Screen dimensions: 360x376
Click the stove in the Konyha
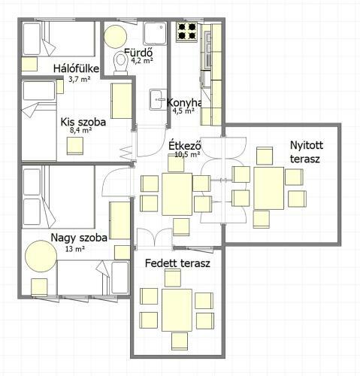186,32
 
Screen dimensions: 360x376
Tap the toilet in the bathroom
121,63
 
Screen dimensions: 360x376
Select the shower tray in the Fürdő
155,34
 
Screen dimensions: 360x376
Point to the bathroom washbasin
156,99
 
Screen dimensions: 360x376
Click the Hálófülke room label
76,68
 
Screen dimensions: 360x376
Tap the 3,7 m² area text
80,79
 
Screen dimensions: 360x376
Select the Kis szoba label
83,122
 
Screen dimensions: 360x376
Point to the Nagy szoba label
79,238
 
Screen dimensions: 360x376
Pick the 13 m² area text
74,249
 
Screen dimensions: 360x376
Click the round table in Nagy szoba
41,256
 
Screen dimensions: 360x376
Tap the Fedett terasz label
177,263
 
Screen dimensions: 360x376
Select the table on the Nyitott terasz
268,188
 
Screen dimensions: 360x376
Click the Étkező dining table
177,194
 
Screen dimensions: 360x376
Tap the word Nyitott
307,145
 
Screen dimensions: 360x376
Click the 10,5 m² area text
187,154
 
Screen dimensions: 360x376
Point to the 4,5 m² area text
184,111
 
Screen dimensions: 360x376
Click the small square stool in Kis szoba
75,146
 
